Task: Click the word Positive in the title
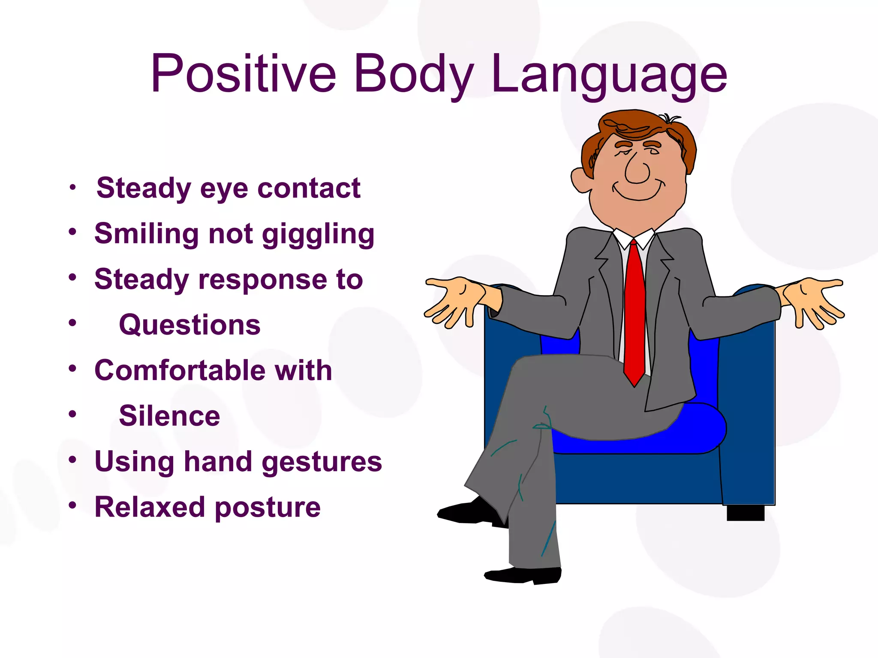pos(243,74)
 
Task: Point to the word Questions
pos(189,325)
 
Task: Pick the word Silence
pos(169,416)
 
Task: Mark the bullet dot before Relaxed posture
pos(72,505)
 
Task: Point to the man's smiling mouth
pos(638,193)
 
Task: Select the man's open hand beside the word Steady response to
pos(454,300)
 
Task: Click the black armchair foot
pos(745,513)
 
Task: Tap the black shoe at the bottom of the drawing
pos(523,575)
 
